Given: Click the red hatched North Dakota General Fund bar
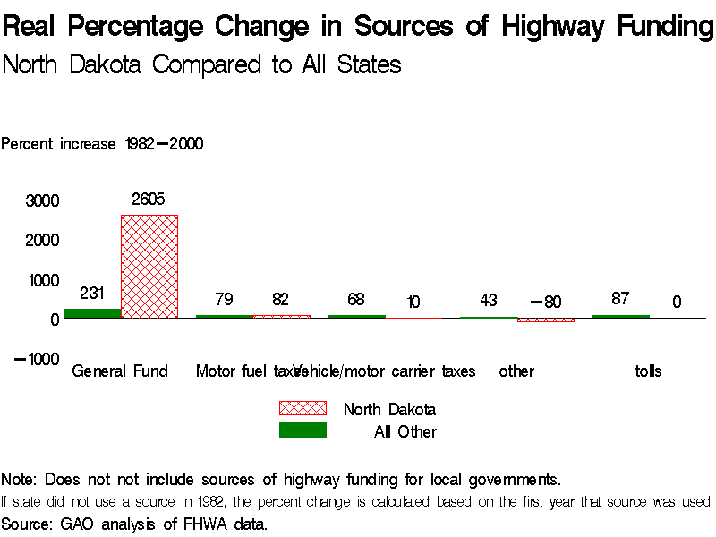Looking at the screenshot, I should [149, 267].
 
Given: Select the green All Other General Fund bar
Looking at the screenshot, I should [92, 313].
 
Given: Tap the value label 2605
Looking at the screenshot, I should [149, 200].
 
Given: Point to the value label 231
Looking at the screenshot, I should [92, 293].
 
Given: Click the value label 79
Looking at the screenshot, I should [225, 299].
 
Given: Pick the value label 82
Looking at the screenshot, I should [281, 299].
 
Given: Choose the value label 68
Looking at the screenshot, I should [356, 299].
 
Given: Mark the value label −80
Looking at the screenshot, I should [545, 303].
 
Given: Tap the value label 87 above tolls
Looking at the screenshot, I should [620, 299].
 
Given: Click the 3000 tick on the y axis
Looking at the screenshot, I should [43, 201].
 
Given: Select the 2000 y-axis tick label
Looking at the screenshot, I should [43, 241].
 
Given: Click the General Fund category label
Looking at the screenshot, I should [120, 371].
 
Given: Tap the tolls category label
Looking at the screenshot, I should [648, 371].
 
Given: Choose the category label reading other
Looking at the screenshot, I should [516, 371].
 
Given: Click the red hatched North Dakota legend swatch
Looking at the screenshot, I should [303, 408].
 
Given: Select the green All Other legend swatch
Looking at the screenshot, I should [303, 430].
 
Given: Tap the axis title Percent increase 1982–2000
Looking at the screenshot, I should [102, 143].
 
